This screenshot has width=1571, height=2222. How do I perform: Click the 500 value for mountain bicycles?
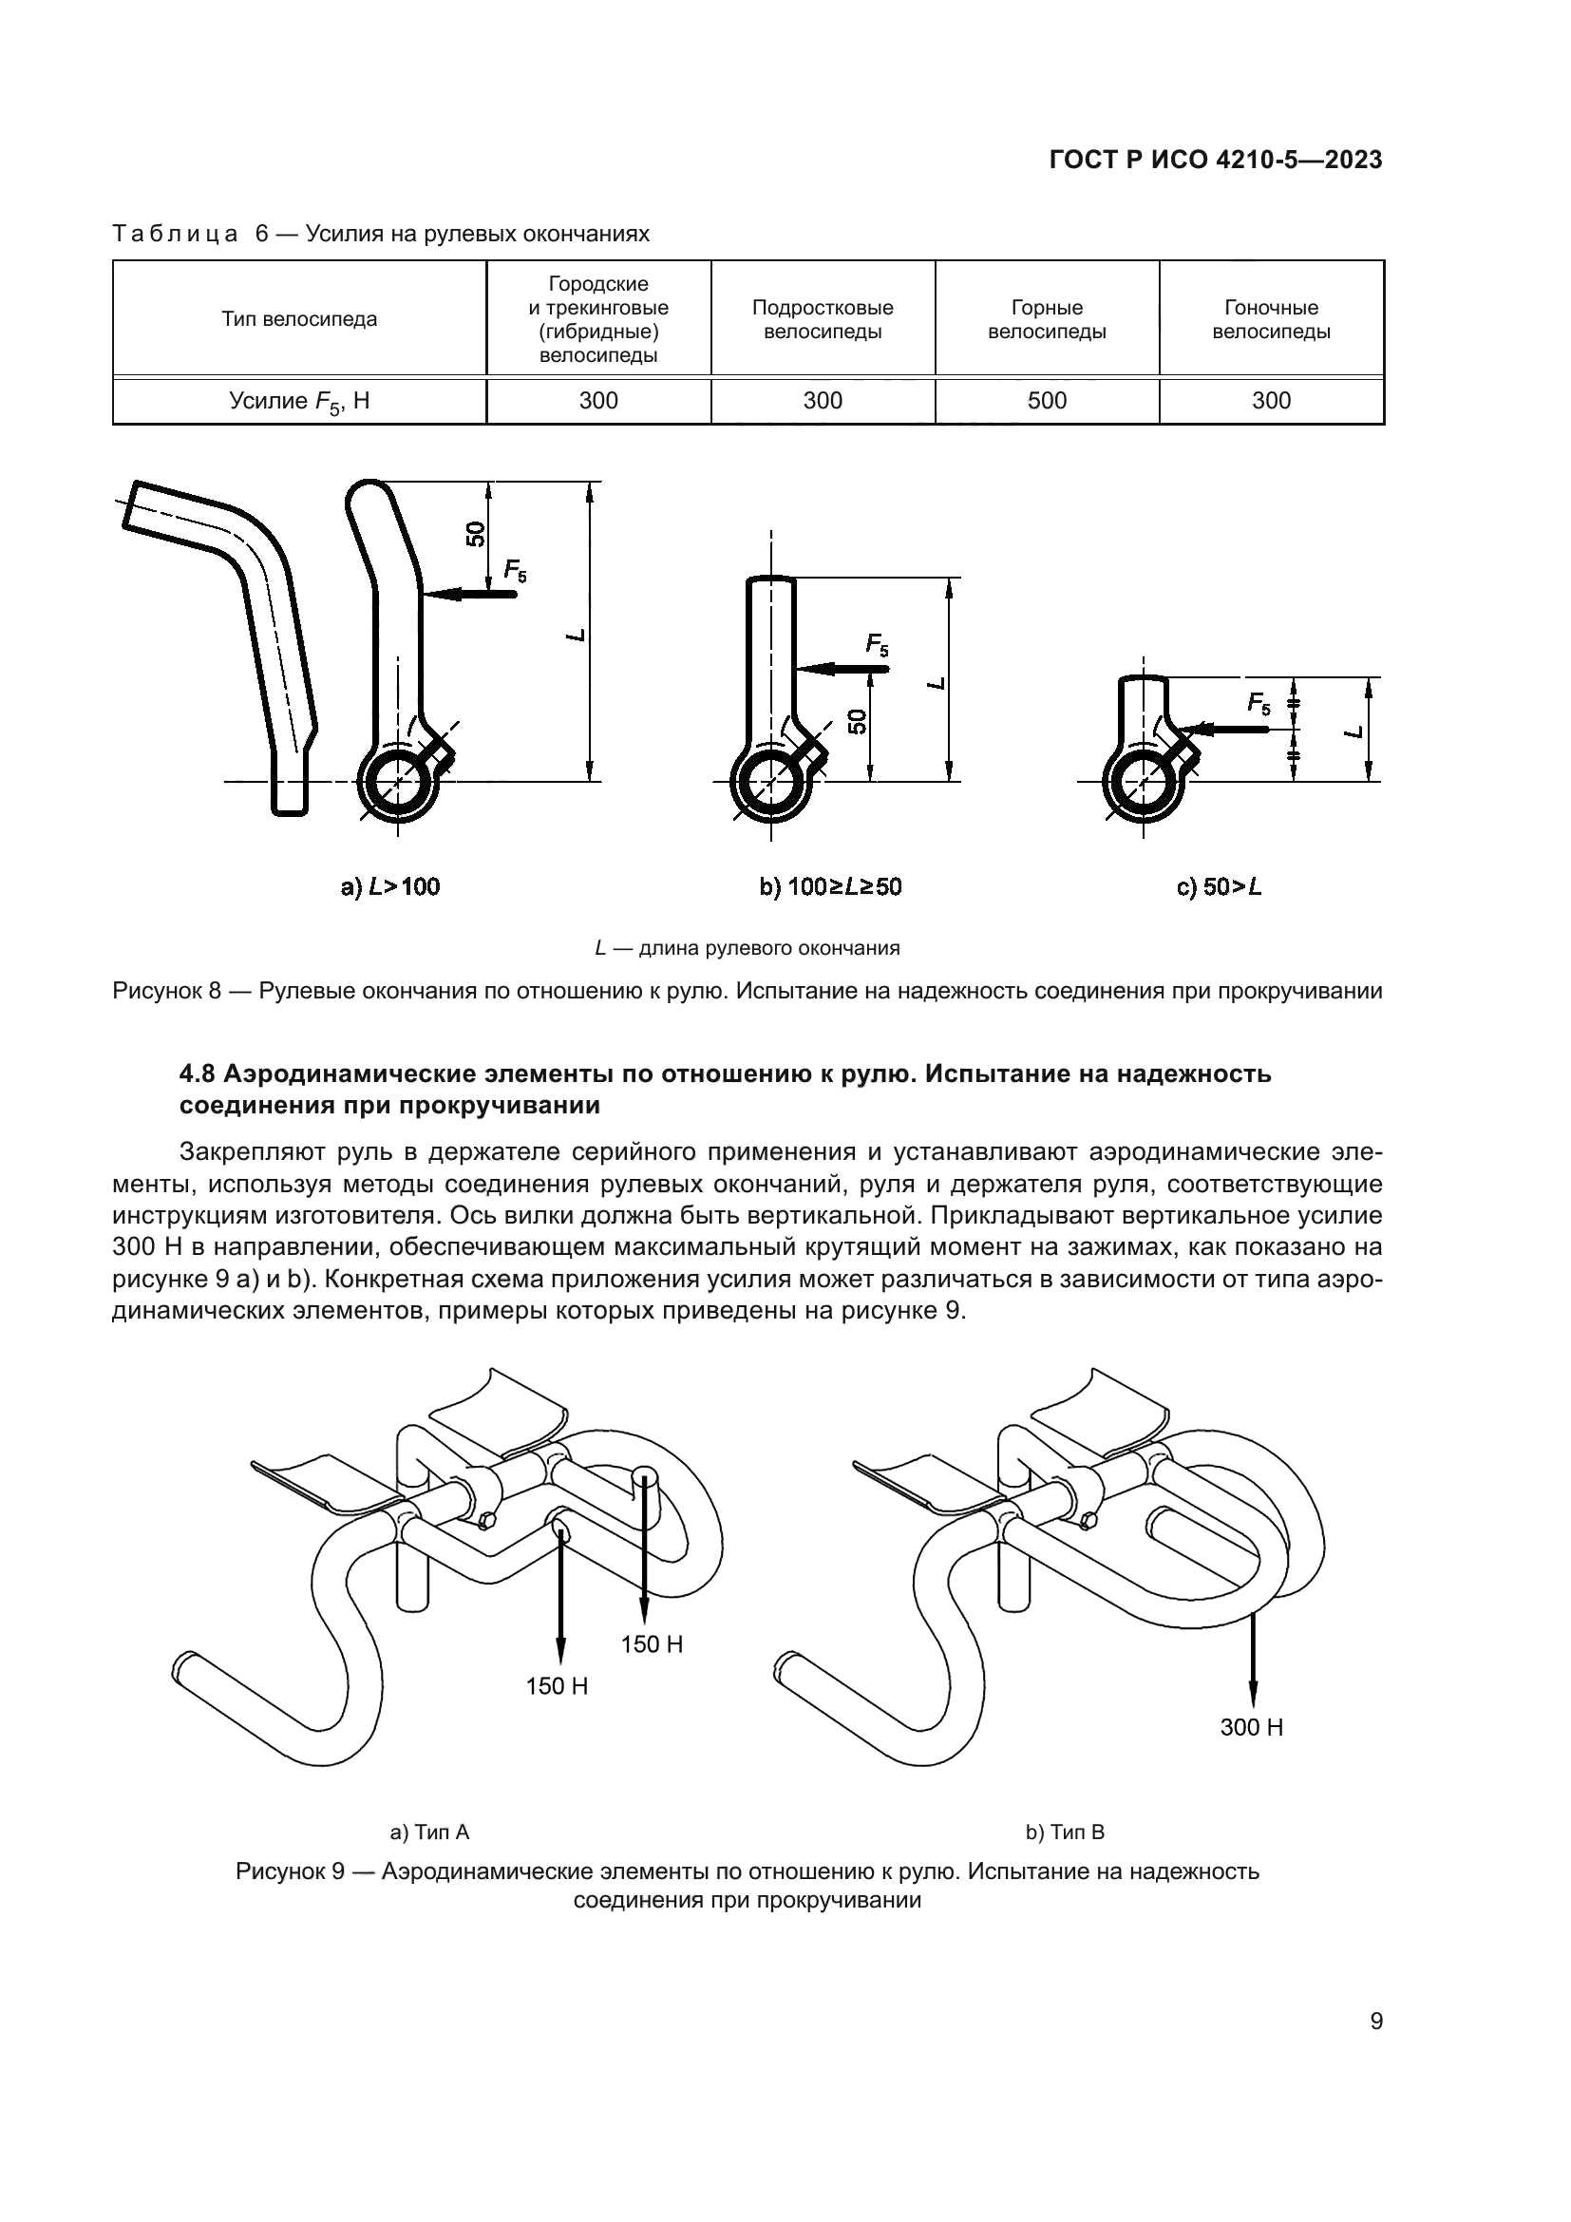pos(1047,401)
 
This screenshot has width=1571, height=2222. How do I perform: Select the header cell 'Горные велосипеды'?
pos(1047,319)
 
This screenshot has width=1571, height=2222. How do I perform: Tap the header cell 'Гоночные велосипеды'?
pos(1271,319)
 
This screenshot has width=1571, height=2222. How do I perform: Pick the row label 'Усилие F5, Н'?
pos(299,402)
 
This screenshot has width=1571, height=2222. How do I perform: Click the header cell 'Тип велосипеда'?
pos(299,319)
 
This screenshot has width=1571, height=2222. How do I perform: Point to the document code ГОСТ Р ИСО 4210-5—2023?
pos(1216,161)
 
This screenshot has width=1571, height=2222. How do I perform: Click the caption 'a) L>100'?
pos(389,886)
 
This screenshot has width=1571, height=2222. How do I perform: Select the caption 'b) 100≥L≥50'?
pos(830,886)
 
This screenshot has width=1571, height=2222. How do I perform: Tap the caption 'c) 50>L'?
pos(1219,886)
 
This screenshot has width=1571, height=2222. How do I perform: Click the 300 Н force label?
pos(1251,1727)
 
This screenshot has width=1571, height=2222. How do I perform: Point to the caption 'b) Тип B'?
pos(1065,1832)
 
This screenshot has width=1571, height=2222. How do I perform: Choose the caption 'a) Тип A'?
pos(429,1832)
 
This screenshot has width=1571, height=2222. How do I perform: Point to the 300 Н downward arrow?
pos(1252,1660)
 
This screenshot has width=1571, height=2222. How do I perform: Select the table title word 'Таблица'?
pos(175,235)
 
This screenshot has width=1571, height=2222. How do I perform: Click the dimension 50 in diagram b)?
pos(857,721)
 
